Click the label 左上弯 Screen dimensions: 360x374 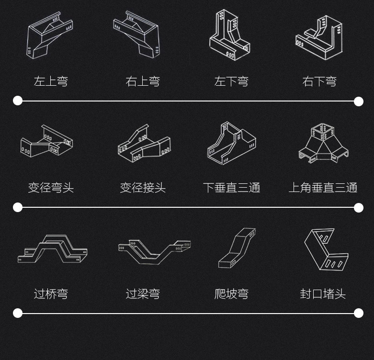pyautogui.click(x=51, y=81)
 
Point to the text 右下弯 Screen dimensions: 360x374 pyautogui.click(x=319, y=81)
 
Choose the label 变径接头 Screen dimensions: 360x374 pyautogui.click(x=143, y=188)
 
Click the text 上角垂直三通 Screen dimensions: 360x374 pyautogui.click(x=323, y=188)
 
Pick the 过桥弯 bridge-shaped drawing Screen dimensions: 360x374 pyautogui.click(x=53, y=248)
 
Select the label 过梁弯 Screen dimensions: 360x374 pyautogui.click(x=143, y=293)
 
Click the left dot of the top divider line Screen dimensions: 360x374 pyautogui.click(x=18, y=101)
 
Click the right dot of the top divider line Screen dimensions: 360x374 pyautogui.click(x=358, y=101)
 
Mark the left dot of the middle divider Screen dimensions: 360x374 pyautogui.click(x=18, y=207)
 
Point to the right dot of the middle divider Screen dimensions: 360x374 pyautogui.click(x=358, y=207)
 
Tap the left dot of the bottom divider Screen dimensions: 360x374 pyautogui.click(x=18, y=313)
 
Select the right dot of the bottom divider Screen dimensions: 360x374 pyautogui.click(x=358, y=313)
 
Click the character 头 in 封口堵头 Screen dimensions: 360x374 pyautogui.click(x=340, y=293)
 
